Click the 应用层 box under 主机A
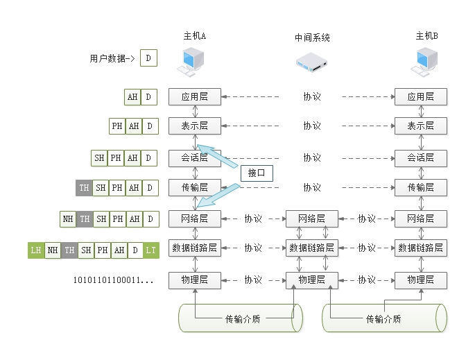point(194,97)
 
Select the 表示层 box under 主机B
point(420,126)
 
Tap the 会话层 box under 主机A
point(194,157)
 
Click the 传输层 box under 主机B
point(420,187)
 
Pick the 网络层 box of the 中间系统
point(311,218)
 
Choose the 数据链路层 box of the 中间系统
point(311,248)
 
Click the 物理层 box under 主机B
point(420,280)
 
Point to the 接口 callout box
point(257,173)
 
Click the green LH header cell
point(36,250)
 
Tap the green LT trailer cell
point(151,250)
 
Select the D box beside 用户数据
point(148,58)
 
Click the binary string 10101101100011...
point(113,280)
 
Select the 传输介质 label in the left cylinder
point(243,319)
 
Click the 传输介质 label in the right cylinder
point(383,319)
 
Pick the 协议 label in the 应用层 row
point(311,97)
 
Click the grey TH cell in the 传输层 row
point(84,188)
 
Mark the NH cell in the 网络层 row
point(68,219)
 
